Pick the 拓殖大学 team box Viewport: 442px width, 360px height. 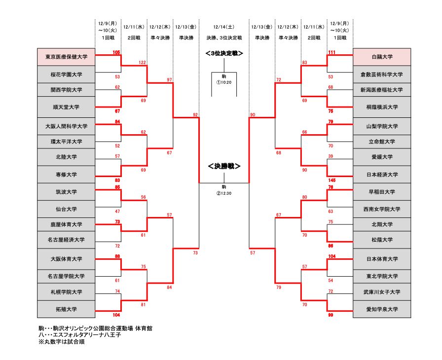tap(66, 309)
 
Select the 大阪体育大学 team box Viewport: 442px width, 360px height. tap(66, 258)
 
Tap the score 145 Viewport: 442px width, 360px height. tap(331, 180)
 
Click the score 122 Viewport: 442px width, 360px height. tap(143, 63)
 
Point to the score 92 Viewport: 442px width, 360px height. tap(195, 114)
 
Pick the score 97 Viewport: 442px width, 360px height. tap(169, 80)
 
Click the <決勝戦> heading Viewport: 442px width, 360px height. tap(223, 166)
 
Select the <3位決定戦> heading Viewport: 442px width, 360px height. tap(224, 53)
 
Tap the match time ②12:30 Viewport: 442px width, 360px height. tap(223, 193)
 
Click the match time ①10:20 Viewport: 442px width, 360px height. tap(223, 82)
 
